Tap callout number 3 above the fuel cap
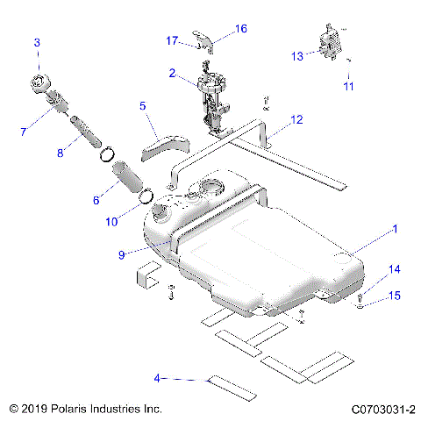click(x=37, y=42)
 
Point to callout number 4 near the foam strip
click(x=157, y=378)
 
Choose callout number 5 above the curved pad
click(x=141, y=106)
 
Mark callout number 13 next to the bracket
click(x=296, y=56)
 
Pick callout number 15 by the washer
click(x=394, y=296)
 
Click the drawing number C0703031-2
click(x=382, y=409)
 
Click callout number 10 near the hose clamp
click(x=111, y=222)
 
